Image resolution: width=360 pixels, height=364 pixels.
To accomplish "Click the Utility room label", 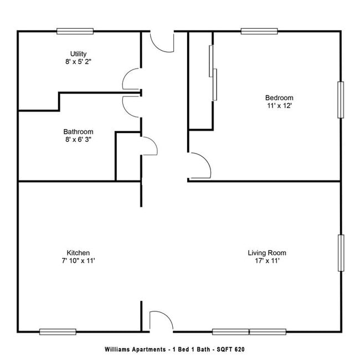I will [x=78, y=54].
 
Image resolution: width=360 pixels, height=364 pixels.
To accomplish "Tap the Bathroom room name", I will [x=78, y=132].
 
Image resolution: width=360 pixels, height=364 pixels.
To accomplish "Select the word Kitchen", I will [x=78, y=252].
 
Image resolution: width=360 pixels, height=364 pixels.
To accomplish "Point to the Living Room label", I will [x=267, y=253].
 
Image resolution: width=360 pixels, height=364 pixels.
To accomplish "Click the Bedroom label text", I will [x=279, y=98].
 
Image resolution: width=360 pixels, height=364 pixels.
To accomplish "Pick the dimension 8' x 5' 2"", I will [x=78, y=62].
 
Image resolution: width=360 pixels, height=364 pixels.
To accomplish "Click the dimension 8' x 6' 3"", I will [x=78, y=140].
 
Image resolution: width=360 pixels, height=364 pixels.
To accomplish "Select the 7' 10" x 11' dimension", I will [x=78, y=260].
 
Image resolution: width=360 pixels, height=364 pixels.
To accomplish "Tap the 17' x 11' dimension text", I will [x=267, y=261].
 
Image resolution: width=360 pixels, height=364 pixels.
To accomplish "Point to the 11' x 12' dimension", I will [x=279, y=106].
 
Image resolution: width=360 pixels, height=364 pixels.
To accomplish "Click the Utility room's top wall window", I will [x=75, y=31].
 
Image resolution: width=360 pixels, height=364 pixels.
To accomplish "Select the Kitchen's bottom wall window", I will [x=58, y=331].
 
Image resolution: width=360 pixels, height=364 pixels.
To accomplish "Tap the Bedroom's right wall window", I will [x=341, y=100].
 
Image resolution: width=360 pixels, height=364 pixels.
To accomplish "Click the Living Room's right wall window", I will [x=341, y=253].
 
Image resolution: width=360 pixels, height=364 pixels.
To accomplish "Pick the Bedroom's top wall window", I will [x=259, y=31].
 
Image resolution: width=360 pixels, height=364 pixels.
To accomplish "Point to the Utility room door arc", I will [x=131, y=78].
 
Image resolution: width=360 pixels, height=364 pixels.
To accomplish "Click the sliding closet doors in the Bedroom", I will [x=212, y=73].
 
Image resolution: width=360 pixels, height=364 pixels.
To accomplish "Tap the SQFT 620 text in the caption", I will [x=230, y=350].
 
